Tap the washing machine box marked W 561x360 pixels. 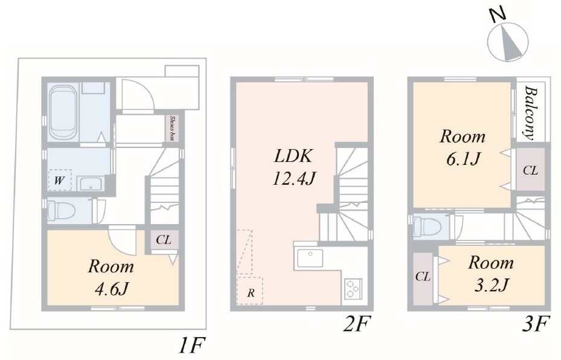click(x=60, y=180)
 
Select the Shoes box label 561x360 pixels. click(x=173, y=128)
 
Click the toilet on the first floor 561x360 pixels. click(x=61, y=210)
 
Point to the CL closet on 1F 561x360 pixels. click(x=164, y=240)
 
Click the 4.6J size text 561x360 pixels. click(x=111, y=289)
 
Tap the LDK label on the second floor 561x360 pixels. click(x=293, y=156)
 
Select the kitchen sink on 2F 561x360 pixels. click(x=309, y=258)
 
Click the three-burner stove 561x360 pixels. click(x=353, y=289)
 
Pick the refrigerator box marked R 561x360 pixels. click(x=250, y=290)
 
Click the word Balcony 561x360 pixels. click(x=531, y=113)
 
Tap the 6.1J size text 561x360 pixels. click(x=462, y=158)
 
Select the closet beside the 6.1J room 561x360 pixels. click(x=531, y=170)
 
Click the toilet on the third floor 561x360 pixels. click(x=425, y=225)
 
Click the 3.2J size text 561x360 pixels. click(x=491, y=285)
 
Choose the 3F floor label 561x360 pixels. click(x=534, y=324)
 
